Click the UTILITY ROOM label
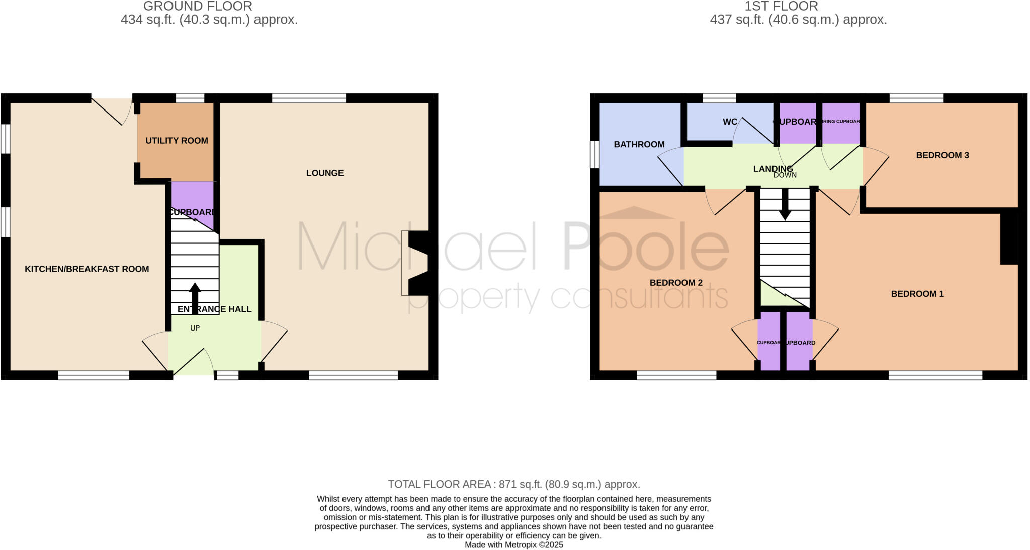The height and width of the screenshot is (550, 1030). click(x=177, y=141)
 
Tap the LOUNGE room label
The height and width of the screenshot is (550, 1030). click(x=325, y=173)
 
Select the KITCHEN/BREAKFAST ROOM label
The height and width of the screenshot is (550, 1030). click(x=87, y=269)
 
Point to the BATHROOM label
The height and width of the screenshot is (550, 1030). click(x=639, y=145)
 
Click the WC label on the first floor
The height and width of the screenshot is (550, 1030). click(x=730, y=122)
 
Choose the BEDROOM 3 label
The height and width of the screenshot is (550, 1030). click(x=942, y=155)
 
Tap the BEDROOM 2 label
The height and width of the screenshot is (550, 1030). click(x=676, y=283)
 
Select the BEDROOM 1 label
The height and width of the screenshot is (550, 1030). click(x=917, y=294)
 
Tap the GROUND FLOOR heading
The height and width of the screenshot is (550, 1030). click(x=198, y=7)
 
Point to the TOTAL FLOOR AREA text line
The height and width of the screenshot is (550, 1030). click(x=513, y=485)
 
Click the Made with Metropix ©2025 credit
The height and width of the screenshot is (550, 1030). click(x=513, y=545)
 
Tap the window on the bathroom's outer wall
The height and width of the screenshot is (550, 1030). click(x=594, y=154)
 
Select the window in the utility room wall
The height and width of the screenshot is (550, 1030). click(x=190, y=98)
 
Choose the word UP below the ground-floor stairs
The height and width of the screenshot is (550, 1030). click(x=195, y=328)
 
